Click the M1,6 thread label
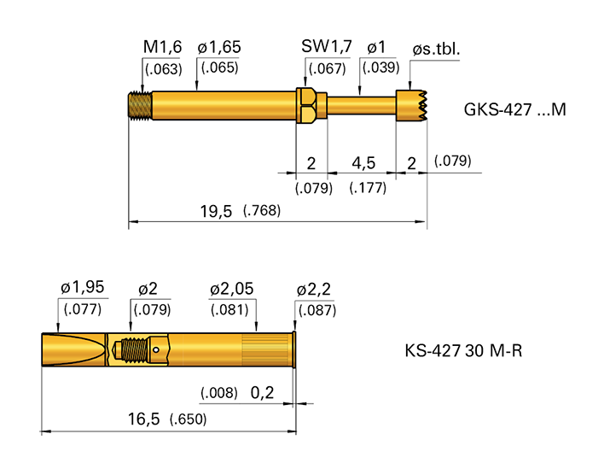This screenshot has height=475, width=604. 162,49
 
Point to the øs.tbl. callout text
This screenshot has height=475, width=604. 436,50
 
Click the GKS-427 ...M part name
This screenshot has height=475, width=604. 514,110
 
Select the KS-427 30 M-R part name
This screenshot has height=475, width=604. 463,351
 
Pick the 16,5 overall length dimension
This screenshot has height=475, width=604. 143,419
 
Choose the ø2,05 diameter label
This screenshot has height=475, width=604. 232,290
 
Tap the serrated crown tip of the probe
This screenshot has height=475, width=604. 412,105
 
